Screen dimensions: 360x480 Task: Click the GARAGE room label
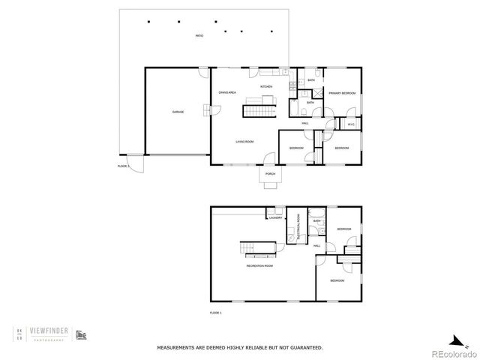(x=178, y=112)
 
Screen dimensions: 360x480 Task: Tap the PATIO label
(x=199, y=36)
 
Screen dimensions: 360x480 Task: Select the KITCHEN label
(x=266, y=87)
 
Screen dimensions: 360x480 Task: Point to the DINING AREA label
(x=227, y=92)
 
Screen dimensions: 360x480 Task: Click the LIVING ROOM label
(x=244, y=141)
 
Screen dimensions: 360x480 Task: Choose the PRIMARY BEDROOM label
(x=343, y=93)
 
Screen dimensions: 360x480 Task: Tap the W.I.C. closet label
(x=351, y=124)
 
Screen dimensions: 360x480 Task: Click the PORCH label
(x=271, y=174)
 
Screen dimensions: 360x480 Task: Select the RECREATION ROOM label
(x=259, y=265)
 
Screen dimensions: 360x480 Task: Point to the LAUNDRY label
(x=275, y=217)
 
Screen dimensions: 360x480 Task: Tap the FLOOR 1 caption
(x=215, y=312)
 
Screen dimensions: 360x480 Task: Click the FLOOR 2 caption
(x=123, y=166)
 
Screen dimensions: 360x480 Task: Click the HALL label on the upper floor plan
(x=306, y=123)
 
